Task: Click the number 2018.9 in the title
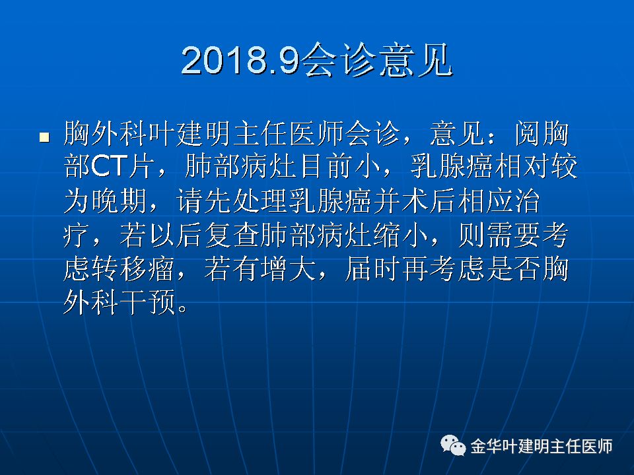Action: click(x=240, y=61)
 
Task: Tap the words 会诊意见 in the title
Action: click(x=377, y=61)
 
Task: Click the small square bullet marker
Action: click(x=44, y=137)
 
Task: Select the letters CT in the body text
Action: click(x=109, y=166)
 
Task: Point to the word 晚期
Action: click(x=120, y=201)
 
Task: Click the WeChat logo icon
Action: click(x=452, y=445)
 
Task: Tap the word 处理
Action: click(x=261, y=201)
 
